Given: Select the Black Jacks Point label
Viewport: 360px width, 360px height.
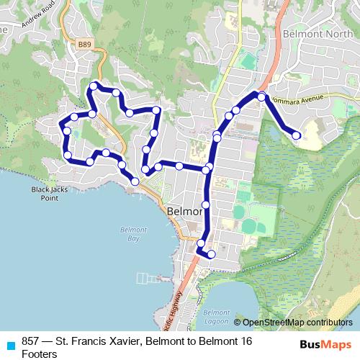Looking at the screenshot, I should [44, 194].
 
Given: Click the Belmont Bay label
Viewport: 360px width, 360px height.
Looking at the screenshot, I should [129, 233].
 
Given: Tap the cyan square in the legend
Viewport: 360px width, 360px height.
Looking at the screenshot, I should [10, 344].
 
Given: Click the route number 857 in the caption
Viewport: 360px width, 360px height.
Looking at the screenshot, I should [30, 341].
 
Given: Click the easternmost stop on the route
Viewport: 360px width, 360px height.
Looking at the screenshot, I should [296, 135].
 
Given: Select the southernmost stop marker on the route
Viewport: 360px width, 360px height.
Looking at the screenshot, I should [212, 254].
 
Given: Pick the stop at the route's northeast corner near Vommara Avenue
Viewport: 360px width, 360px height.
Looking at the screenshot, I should [262, 96].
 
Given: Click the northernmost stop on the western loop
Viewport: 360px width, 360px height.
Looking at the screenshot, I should [93, 86].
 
